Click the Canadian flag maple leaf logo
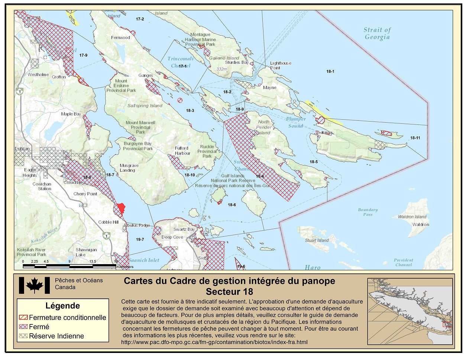pos(34,285)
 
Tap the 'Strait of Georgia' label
pos(377,33)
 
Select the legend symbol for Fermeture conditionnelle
pos(23,318)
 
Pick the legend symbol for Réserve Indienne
pos(23,336)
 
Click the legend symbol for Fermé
pos(23,327)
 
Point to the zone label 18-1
pos(330,71)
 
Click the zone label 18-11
pos(415,138)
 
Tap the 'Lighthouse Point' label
pos(280,65)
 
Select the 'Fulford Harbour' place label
pos(182,150)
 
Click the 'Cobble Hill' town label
pos(108,222)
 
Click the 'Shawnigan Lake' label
pos(86,252)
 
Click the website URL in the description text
pos(214,342)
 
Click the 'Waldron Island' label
pos(412,217)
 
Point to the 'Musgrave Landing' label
pos(129,168)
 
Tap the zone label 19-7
pos(140,240)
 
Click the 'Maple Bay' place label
pos(71,114)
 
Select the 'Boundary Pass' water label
pos(368,212)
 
